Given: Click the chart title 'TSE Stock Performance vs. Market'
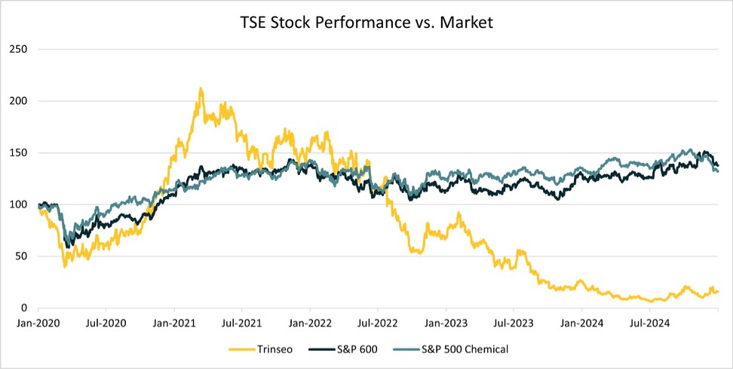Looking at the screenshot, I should pyautogui.click(x=366, y=23).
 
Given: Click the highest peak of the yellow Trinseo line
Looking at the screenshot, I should pyautogui.click(x=201, y=88).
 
